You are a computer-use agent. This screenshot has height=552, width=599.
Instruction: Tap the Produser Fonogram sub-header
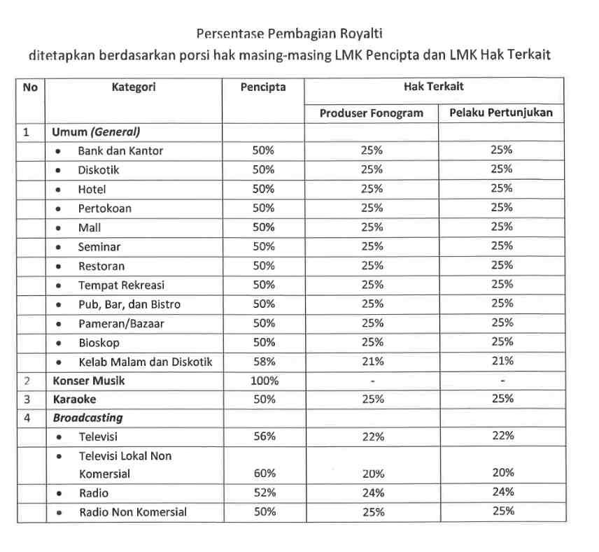(372, 113)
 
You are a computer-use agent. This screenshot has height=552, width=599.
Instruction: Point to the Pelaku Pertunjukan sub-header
(501, 113)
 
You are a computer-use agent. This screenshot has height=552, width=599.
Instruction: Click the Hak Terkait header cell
(433, 87)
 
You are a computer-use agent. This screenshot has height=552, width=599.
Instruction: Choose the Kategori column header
(134, 87)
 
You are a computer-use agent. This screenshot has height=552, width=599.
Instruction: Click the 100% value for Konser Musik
(264, 381)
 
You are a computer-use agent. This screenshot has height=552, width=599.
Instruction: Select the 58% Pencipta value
(264, 362)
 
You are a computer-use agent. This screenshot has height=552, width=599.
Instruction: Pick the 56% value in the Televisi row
(264, 436)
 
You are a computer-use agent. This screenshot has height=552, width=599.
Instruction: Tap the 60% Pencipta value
(264, 473)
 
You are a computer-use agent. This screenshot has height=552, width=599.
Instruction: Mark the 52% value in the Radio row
(264, 493)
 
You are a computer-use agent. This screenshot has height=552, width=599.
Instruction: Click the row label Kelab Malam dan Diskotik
(145, 362)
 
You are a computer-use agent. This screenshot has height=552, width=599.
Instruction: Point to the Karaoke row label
(74, 399)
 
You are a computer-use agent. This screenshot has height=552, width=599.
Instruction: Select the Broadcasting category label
(87, 418)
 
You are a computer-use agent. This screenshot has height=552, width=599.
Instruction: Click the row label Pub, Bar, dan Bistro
(129, 304)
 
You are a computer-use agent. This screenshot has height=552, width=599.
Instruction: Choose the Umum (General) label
(94, 132)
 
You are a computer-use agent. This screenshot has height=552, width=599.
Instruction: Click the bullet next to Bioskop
(62, 343)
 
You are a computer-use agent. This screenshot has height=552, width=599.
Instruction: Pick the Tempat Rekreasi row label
(122, 285)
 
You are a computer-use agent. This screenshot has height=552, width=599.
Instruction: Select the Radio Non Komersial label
(133, 512)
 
